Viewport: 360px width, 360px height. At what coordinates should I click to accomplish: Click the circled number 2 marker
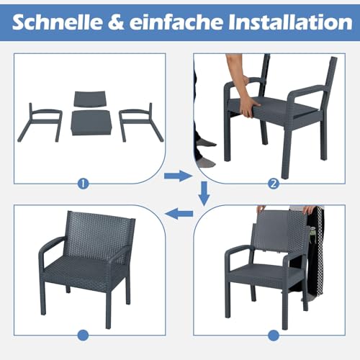(x=273, y=183)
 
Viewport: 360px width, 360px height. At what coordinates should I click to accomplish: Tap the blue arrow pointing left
(x=180, y=212)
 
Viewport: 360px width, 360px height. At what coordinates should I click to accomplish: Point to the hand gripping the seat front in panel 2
(x=248, y=108)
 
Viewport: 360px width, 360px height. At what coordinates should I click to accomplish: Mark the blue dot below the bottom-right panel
(x=273, y=335)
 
